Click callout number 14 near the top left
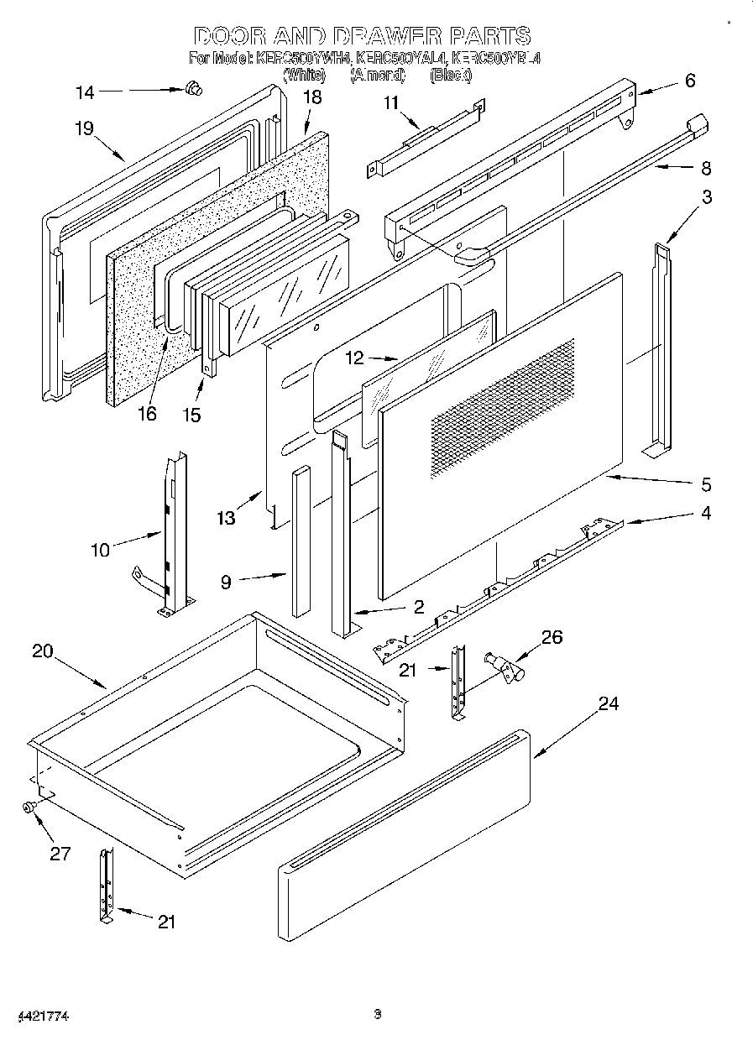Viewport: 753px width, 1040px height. pyautogui.click(x=85, y=92)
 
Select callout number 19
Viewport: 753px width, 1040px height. pyautogui.click(x=83, y=128)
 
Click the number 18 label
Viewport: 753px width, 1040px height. pyautogui.click(x=311, y=97)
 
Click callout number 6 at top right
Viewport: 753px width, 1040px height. pyautogui.click(x=689, y=81)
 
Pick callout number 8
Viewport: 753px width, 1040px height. pyautogui.click(x=705, y=168)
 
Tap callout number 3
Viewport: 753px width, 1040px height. pyautogui.click(x=707, y=197)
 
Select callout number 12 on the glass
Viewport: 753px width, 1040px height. pyautogui.click(x=355, y=359)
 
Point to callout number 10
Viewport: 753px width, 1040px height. pyautogui.click(x=100, y=550)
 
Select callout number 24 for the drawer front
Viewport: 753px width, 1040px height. pyautogui.click(x=608, y=703)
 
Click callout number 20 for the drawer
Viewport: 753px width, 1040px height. pyautogui.click(x=43, y=651)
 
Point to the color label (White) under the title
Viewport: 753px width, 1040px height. pyautogui.click(x=305, y=75)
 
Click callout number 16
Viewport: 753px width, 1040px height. pyautogui.click(x=147, y=415)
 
